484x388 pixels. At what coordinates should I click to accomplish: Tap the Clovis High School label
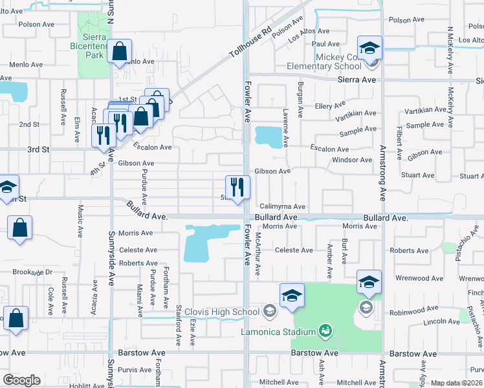click(x=222, y=312)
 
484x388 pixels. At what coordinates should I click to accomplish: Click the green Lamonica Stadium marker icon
click(x=325, y=332)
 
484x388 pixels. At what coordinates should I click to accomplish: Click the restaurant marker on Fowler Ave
click(x=237, y=188)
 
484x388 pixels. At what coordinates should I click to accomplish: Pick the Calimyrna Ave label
click(x=282, y=206)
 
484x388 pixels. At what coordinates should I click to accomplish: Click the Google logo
click(x=21, y=380)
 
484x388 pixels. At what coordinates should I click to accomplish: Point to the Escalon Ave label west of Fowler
click(x=152, y=147)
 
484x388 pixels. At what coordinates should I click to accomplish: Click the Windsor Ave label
click(x=352, y=160)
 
